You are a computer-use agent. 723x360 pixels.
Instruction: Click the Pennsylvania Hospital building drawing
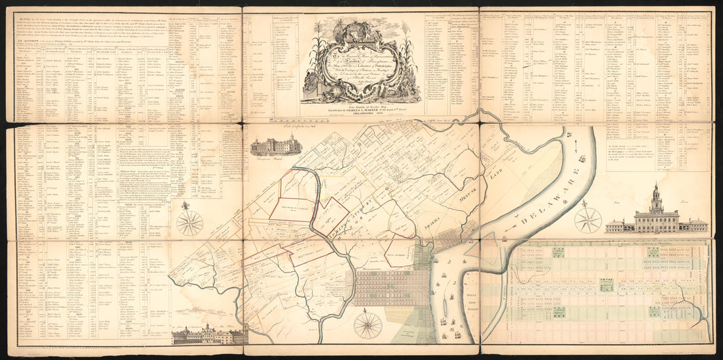[x=275, y=145]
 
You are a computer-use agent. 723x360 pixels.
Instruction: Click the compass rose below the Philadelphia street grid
[x=367, y=325]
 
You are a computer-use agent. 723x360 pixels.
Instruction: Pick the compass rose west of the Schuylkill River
[x=189, y=222]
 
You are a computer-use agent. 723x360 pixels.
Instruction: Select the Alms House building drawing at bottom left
[x=207, y=334]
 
